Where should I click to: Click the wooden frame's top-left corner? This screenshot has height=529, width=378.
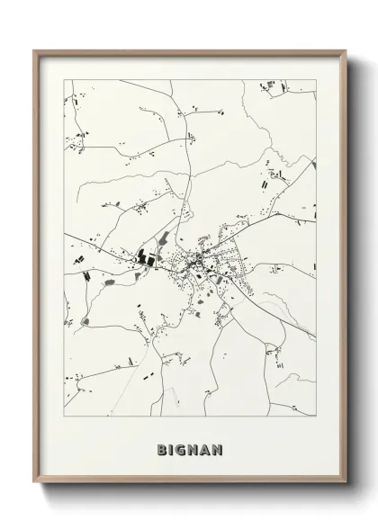(35, 51)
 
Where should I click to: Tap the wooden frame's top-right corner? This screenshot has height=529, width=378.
(346, 51)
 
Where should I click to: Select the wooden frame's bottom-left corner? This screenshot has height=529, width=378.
(35, 483)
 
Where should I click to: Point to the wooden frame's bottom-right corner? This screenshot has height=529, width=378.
(346, 483)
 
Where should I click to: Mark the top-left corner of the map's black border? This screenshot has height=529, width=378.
(64, 80)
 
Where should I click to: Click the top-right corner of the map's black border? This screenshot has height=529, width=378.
(317, 80)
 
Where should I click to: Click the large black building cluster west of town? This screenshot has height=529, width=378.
(146, 258)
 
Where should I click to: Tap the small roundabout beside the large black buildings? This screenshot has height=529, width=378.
(133, 260)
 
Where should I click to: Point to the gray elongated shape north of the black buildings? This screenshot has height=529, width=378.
(165, 238)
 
